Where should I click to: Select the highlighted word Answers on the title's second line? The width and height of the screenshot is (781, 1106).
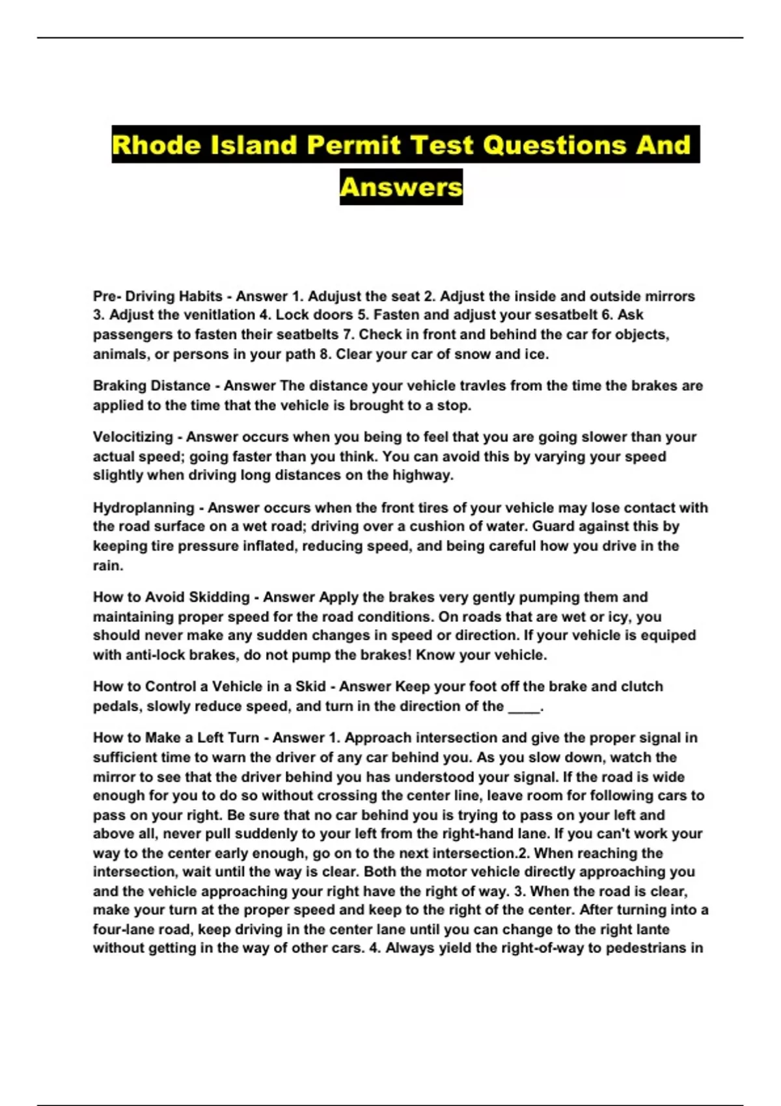pyautogui.click(x=401, y=187)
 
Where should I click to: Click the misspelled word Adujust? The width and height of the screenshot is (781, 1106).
pyautogui.click(x=331, y=297)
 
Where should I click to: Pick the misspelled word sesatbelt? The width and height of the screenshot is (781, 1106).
pyautogui.click(x=563, y=316)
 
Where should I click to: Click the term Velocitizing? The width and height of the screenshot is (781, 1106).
pyautogui.click(x=133, y=437)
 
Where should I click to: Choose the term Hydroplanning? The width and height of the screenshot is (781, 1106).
pyautogui.click(x=143, y=508)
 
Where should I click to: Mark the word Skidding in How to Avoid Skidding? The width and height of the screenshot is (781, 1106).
pyautogui.click(x=219, y=597)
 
